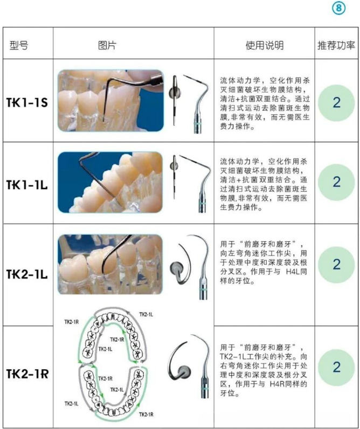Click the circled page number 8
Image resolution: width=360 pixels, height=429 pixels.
click(338, 8)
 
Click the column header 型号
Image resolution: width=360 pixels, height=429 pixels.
click(19, 45)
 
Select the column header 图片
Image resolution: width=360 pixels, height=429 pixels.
click(107, 45)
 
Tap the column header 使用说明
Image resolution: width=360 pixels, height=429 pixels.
click(264, 45)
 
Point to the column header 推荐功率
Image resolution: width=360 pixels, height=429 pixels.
click(336, 45)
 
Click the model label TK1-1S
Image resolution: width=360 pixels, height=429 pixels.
click(27, 103)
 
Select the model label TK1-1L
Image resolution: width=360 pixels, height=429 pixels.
click(27, 185)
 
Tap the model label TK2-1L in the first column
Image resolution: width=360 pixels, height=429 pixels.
click(27, 274)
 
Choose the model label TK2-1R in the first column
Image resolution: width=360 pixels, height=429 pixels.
click(27, 373)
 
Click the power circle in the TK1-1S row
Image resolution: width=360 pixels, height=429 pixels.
click(336, 103)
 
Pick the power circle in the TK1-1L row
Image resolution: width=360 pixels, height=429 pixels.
click(336, 182)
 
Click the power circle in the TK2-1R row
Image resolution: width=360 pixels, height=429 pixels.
click(336, 368)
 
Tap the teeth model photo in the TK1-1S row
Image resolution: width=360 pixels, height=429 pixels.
click(110, 100)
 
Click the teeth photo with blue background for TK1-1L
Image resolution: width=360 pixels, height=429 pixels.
click(110, 182)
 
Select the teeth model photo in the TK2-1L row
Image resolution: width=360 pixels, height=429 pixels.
click(110, 264)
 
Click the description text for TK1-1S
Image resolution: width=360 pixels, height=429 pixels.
click(265, 103)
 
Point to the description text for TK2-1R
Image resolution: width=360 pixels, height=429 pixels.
click(264, 370)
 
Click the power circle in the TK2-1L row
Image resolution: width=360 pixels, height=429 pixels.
click(336, 265)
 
